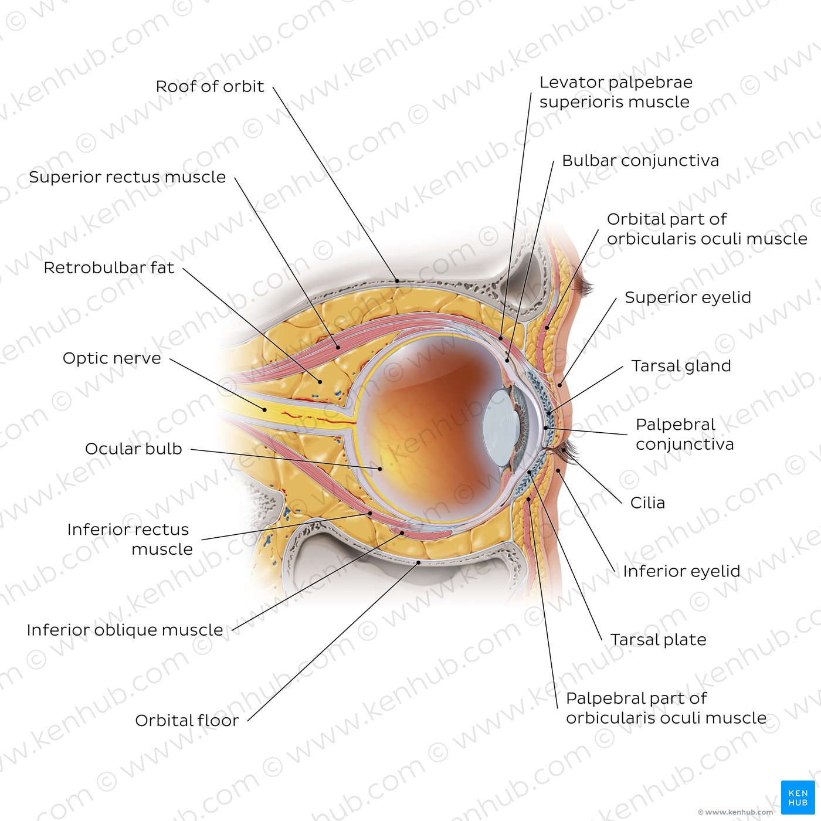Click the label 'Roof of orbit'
[x=209, y=86]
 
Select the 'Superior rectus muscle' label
[x=127, y=177]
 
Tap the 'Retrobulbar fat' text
[x=108, y=267]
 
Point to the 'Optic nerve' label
[x=111, y=358]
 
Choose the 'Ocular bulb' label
[x=133, y=449]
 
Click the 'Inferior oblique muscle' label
[x=125, y=630]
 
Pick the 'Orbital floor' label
[x=187, y=721]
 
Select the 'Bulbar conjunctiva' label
[x=640, y=161]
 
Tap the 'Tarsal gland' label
[x=681, y=366]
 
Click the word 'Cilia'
[x=647, y=503]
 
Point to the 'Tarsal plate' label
[x=658, y=640]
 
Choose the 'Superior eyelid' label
[x=688, y=298]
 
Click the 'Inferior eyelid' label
[x=681, y=571]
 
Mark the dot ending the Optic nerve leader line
[x=264, y=410]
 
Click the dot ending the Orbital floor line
[x=419, y=562]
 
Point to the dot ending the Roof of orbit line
[x=397, y=281]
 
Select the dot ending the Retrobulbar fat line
[x=320, y=382]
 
